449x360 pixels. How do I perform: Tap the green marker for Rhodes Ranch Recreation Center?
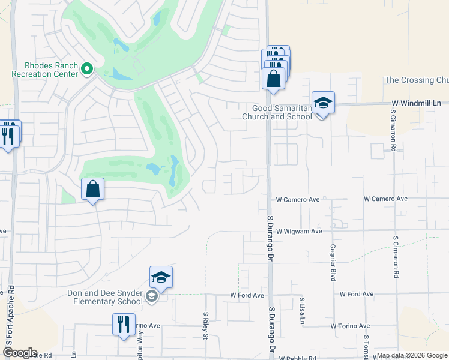87,70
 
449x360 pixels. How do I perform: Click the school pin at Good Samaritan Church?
323,103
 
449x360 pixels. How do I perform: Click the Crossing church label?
417,80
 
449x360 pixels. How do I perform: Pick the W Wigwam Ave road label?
300,231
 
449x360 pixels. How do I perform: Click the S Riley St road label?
205,324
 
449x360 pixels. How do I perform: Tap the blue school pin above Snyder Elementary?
161,277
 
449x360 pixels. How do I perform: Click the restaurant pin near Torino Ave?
124,325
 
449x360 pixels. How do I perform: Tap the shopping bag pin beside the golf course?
93,189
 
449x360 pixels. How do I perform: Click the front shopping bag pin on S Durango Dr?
273,79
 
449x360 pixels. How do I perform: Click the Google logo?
20,353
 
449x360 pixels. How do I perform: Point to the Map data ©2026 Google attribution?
411,355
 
